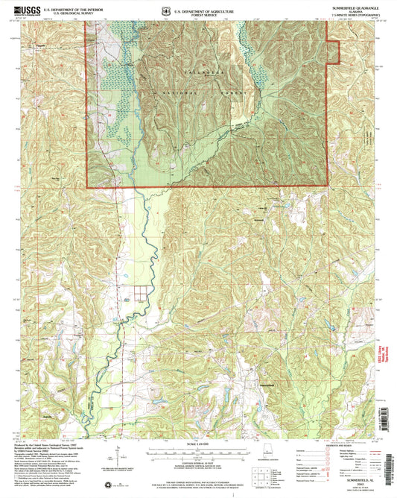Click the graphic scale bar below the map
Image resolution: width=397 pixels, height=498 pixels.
click(x=197, y=452)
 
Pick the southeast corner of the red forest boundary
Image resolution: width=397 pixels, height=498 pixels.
click(x=328, y=185)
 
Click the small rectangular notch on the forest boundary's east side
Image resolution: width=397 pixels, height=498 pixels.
click(x=334, y=51)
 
